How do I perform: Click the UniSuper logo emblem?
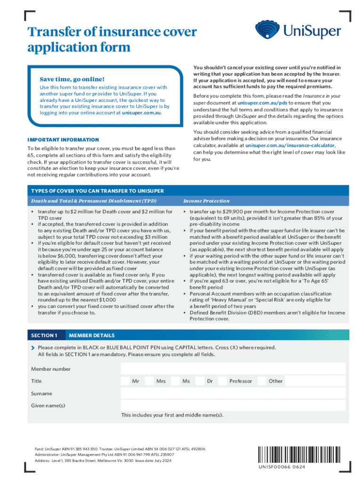point(268,30)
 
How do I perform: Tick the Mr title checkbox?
point(125,381)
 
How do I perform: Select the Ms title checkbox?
point(174,381)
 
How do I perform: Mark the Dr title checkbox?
point(199,381)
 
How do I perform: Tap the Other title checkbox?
point(261,381)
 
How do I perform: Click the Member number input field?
point(233,369)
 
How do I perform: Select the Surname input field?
point(233,393)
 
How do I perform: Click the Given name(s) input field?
point(233,406)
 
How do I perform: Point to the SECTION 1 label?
point(44,335)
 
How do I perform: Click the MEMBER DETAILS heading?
point(91,335)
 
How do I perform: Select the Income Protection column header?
point(206,201)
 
